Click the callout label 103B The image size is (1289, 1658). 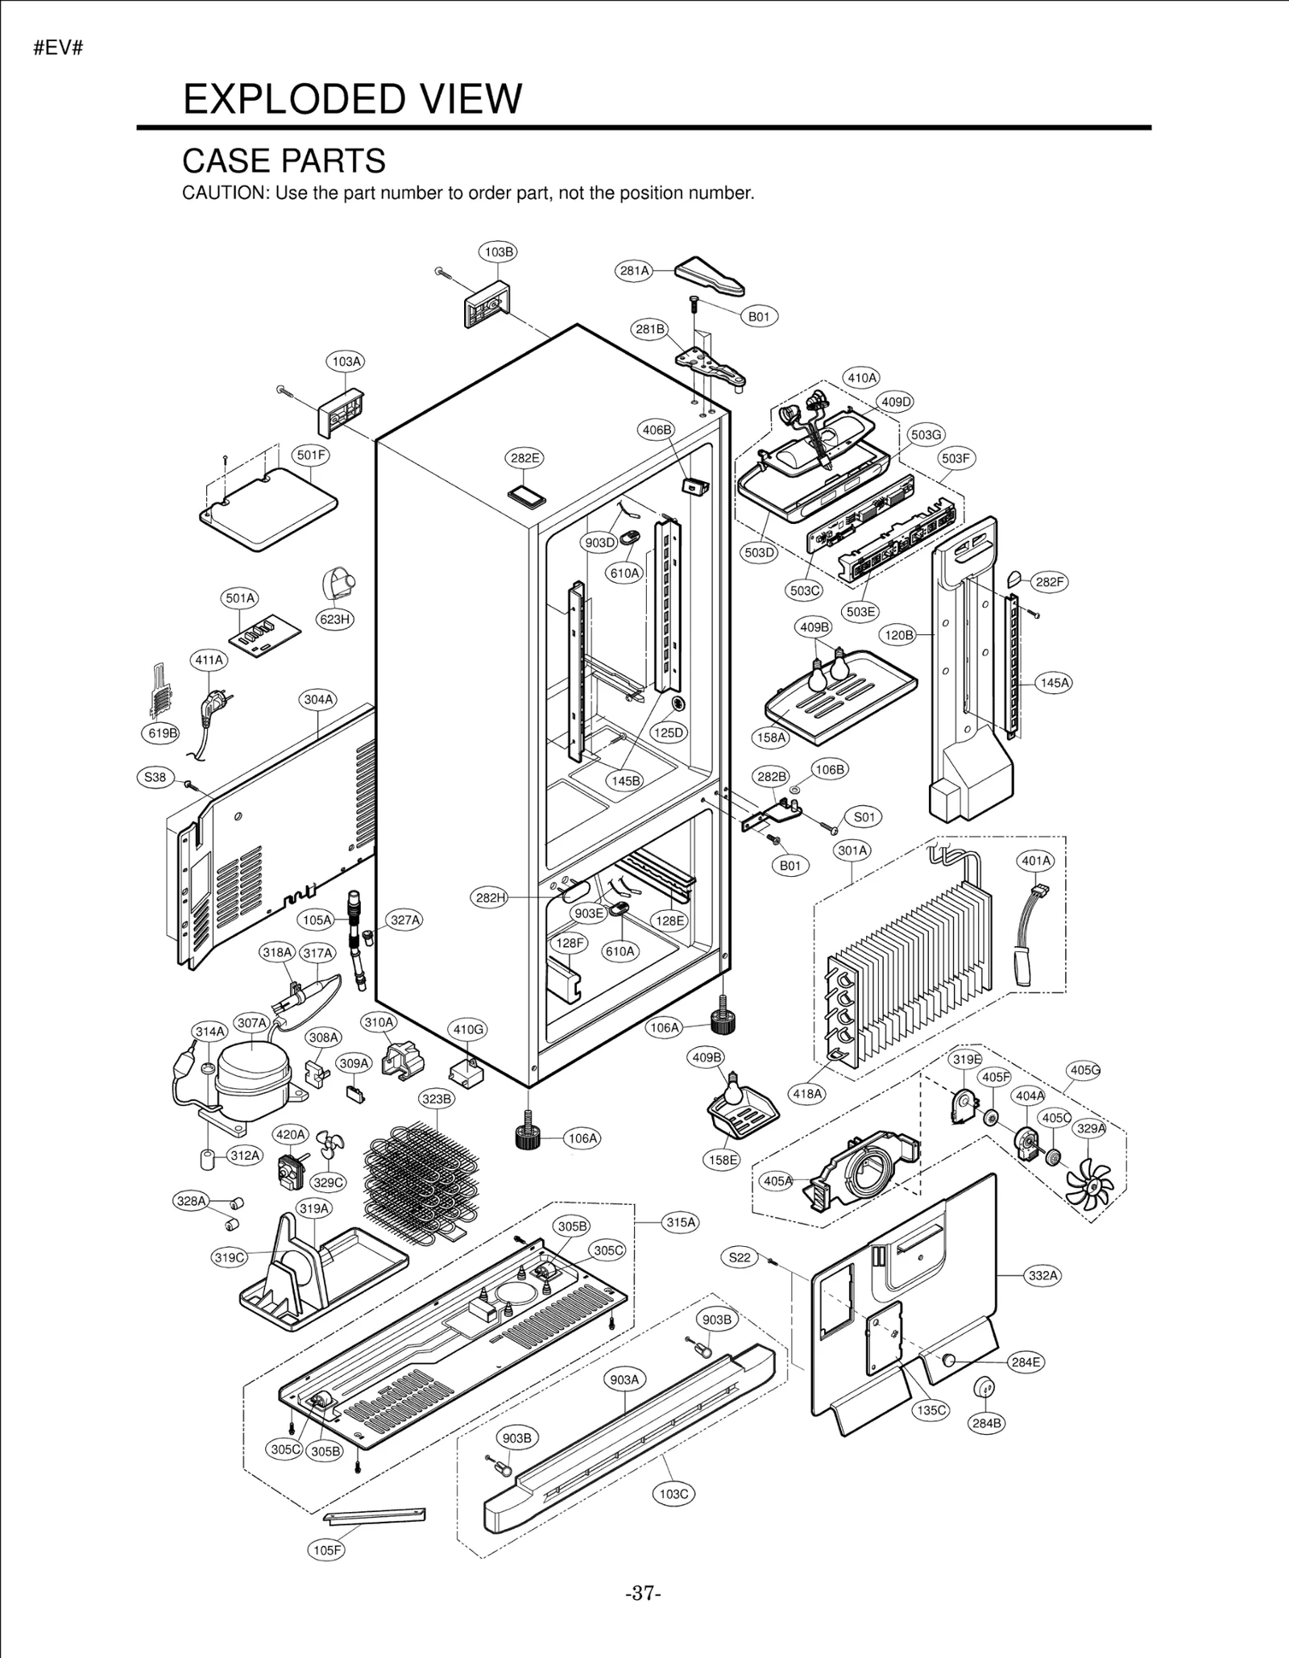point(499,251)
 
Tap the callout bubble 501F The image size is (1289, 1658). point(311,455)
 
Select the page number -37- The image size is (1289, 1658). point(643,1594)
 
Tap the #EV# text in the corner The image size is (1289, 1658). point(58,48)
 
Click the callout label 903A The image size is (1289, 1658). point(624,1379)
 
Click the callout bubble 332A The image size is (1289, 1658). point(1043,1275)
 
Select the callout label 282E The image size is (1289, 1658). point(524,458)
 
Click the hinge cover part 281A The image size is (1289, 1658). point(709,276)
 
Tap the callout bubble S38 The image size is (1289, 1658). point(155,777)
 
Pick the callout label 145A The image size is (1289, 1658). point(1055,683)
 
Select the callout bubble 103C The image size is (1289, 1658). point(674,1494)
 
